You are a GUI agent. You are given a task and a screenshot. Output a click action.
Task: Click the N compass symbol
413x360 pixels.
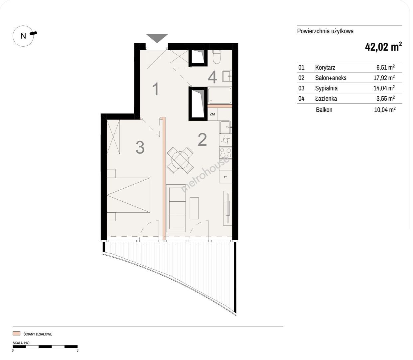click(x=23, y=36)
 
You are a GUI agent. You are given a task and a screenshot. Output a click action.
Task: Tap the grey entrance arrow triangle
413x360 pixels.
click(x=157, y=38)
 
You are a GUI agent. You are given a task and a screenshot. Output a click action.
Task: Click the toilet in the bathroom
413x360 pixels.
click(x=217, y=57)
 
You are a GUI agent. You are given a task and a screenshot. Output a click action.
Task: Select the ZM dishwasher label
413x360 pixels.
click(x=212, y=114)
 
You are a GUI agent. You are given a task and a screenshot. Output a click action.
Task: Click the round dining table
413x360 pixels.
click(x=180, y=160)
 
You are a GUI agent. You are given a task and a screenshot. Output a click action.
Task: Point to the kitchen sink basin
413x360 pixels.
click(x=225, y=127)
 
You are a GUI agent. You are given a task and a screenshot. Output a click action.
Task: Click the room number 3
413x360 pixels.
click(x=140, y=147)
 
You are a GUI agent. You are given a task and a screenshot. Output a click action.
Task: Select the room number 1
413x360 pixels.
click(x=156, y=89)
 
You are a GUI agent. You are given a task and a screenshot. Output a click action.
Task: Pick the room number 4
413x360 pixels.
click(x=212, y=78)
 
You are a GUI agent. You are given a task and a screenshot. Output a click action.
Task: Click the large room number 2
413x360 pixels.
click(x=202, y=140)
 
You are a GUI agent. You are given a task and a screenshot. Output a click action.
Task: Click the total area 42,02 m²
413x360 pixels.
click(x=383, y=47)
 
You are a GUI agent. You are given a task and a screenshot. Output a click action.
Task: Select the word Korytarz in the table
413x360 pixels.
click(x=325, y=67)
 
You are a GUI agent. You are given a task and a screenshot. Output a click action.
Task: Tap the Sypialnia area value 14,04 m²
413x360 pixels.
click(x=384, y=88)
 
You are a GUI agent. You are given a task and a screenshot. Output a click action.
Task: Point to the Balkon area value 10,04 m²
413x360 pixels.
click(x=385, y=109)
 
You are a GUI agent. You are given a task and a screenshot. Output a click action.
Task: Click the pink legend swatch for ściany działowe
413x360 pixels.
click(x=16, y=333)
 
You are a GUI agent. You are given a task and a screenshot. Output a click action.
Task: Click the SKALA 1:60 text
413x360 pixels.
click(x=21, y=343)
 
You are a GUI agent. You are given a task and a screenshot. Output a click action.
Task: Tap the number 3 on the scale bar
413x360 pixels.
click(x=77, y=350)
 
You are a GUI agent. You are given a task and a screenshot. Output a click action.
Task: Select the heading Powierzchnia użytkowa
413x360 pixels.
click(x=325, y=31)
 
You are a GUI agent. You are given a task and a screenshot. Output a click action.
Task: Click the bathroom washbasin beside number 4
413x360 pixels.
click(x=227, y=76)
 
